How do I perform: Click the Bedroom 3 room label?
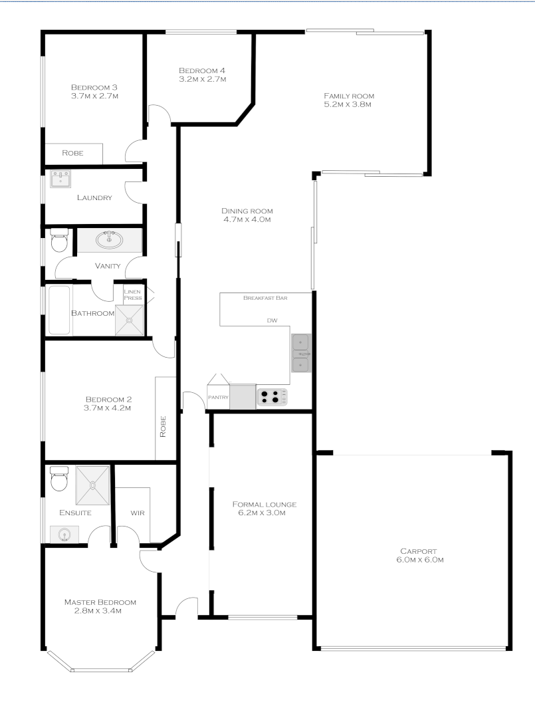[x=94, y=87]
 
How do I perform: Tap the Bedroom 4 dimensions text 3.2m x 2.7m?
[x=202, y=79]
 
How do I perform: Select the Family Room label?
[x=344, y=96]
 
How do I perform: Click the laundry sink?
[x=62, y=179]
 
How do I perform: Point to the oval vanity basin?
[x=109, y=240]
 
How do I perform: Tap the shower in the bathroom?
[x=130, y=320]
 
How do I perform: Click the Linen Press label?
[x=132, y=295]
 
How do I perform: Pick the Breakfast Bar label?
[x=265, y=299]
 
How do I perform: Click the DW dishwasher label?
[x=271, y=320]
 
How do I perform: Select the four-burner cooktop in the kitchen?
[x=272, y=397]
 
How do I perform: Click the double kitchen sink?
[x=300, y=352]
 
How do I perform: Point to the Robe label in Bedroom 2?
[x=163, y=426]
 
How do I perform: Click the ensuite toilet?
[x=58, y=478]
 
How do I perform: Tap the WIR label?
[x=138, y=513]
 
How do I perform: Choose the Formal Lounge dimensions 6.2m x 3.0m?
[x=262, y=513]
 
